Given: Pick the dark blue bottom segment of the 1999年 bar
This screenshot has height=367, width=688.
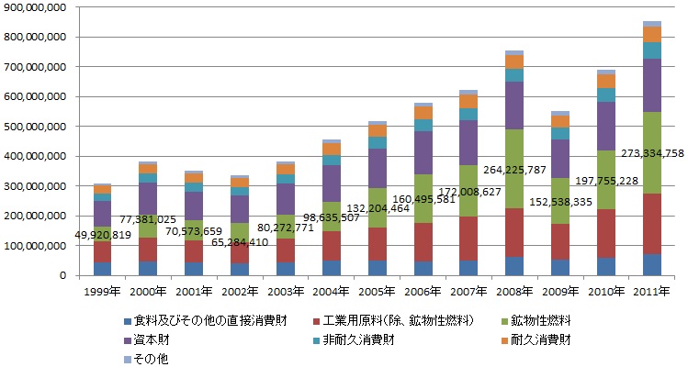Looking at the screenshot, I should pyautogui.click(x=101, y=269).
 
